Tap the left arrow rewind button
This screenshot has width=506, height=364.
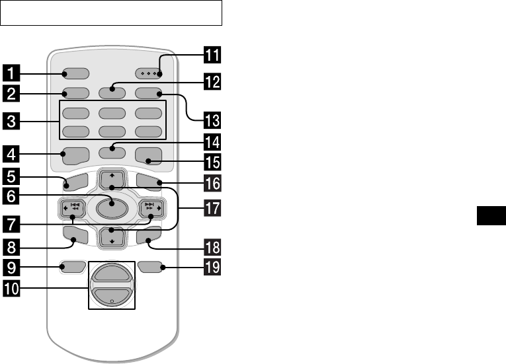(x=71, y=209)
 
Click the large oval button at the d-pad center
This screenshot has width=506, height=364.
(x=111, y=209)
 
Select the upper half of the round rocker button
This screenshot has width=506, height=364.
(x=111, y=273)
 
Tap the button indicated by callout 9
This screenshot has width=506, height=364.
(x=73, y=268)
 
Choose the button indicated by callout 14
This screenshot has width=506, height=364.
(x=111, y=149)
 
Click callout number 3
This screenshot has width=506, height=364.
(x=9, y=120)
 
